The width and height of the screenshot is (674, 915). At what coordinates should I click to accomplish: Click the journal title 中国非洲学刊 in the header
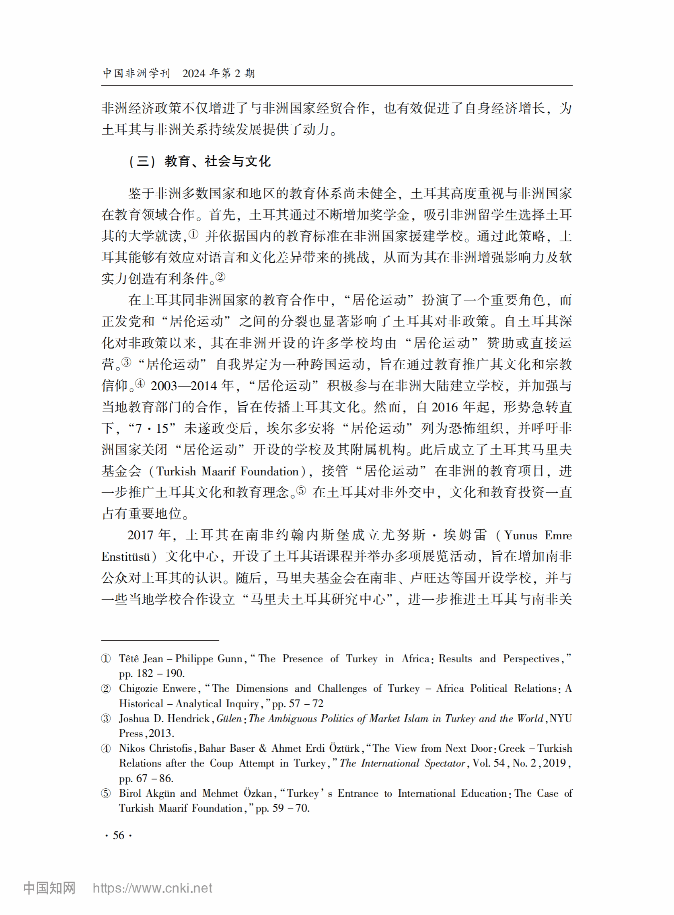[x=136, y=74]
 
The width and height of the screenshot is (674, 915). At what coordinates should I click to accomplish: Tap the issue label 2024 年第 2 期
[x=218, y=74]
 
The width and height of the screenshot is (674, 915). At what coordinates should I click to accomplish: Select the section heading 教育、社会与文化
[x=217, y=162]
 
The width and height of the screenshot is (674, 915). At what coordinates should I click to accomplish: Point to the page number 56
[x=118, y=835]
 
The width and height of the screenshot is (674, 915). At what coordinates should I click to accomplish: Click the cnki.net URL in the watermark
[x=152, y=888]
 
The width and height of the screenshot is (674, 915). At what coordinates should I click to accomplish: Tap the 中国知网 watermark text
[x=49, y=888]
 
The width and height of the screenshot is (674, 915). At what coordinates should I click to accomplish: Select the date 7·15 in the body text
[x=152, y=428]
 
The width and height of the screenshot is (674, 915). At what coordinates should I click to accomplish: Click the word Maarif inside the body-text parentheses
[x=218, y=471]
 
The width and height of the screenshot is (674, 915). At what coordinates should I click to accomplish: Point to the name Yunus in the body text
[x=521, y=535]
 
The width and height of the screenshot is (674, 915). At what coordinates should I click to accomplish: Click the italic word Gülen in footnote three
[x=229, y=718]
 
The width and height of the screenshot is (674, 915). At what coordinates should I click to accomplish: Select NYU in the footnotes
[x=561, y=718]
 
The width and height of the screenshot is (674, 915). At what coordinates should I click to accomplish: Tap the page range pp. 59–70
[x=282, y=808]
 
